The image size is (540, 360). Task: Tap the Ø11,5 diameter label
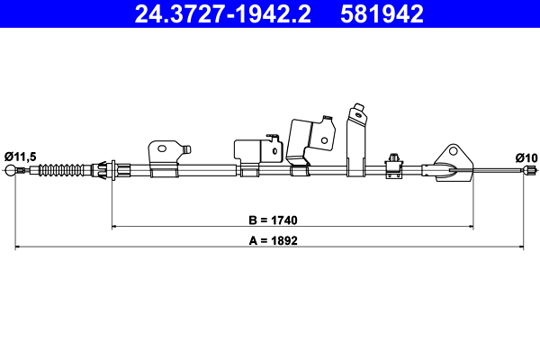point(20,157)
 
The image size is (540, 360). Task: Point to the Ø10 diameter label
point(526,157)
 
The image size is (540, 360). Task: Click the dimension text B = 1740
point(272,220)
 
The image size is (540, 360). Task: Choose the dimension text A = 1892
point(272,240)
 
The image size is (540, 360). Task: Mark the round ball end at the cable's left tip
point(11,171)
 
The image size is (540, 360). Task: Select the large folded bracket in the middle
point(306,139)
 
